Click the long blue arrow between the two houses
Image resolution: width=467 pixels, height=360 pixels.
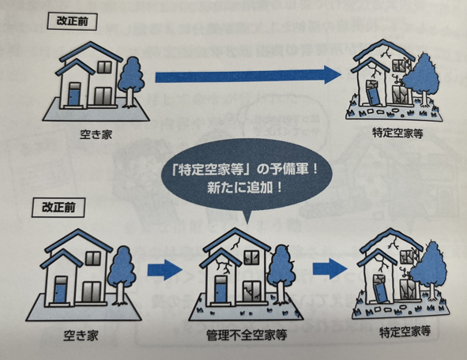[x=248, y=76]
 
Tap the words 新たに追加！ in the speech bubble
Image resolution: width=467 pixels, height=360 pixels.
[x=245, y=188]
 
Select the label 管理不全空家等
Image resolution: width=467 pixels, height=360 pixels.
[x=247, y=336]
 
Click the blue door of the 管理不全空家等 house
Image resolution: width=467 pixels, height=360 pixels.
[x=220, y=291]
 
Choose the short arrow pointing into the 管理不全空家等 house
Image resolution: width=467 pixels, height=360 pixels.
[x=164, y=270]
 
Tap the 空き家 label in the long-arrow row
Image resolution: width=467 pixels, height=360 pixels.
[x=96, y=134]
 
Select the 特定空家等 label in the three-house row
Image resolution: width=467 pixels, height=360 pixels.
[x=405, y=331]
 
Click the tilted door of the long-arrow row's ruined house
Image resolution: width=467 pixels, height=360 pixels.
[x=371, y=95]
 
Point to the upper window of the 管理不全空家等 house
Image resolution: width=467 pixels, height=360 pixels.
[x=251, y=257]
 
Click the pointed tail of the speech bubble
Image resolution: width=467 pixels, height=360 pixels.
[x=246, y=220]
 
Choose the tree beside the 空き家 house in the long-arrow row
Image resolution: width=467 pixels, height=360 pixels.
[x=131, y=82]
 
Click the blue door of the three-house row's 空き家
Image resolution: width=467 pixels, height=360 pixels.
[x=61, y=291]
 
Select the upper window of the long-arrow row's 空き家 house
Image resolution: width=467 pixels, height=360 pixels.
[x=105, y=67]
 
